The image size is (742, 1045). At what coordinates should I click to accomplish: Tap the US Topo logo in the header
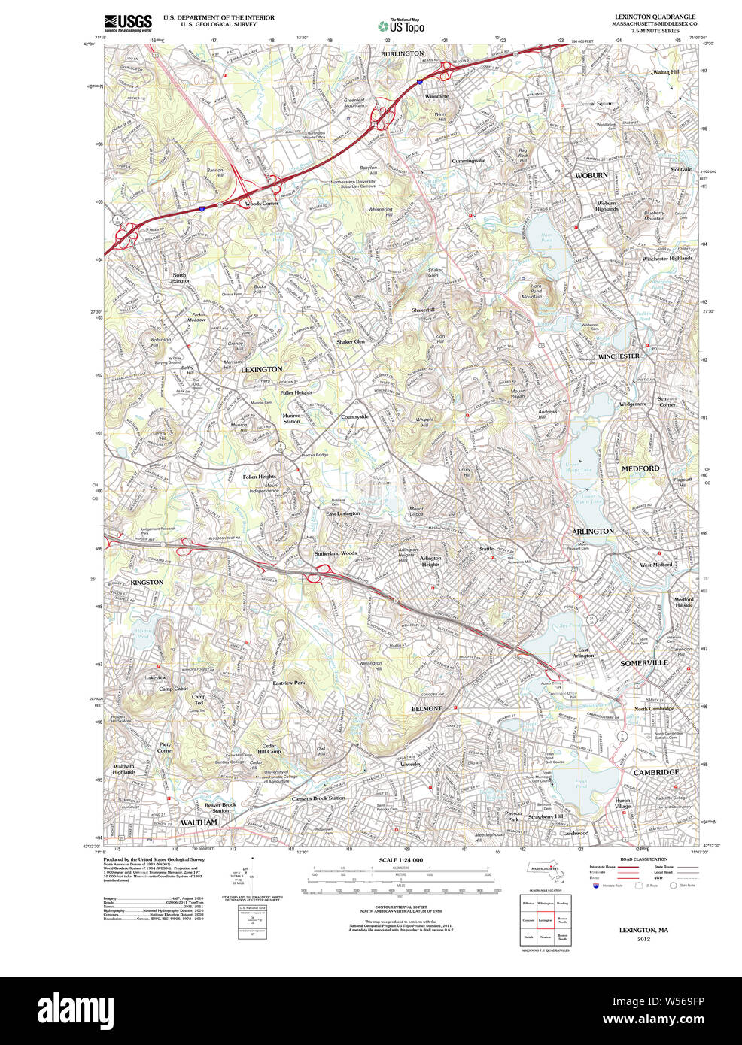click(x=401, y=26)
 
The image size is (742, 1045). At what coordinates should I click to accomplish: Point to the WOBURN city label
click(x=591, y=175)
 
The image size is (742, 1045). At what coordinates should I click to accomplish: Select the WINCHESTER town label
click(x=619, y=356)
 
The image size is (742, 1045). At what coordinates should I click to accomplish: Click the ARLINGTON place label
click(x=593, y=532)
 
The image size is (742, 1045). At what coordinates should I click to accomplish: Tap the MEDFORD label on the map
click(x=640, y=468)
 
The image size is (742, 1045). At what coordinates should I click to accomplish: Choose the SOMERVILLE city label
click(x=644, y=663)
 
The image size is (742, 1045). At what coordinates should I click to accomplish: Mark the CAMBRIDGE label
click(x=655, y=772)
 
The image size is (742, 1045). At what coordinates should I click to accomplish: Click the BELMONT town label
click(x=426, y=709)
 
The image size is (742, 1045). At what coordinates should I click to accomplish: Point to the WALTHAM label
click(x=199, y=822)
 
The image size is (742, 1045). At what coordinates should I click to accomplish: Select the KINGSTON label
click(x=147, y=583)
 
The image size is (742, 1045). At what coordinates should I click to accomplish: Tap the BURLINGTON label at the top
click(x=402, y=54)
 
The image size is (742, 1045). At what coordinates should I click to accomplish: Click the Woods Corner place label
click(x=261, y=204)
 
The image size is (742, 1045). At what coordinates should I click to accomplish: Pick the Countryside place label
click(x=354, y=416)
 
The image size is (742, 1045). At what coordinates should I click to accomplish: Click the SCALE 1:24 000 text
click(x=400, y=860)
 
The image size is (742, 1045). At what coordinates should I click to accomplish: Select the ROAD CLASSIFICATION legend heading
click(x=643, y=859)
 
